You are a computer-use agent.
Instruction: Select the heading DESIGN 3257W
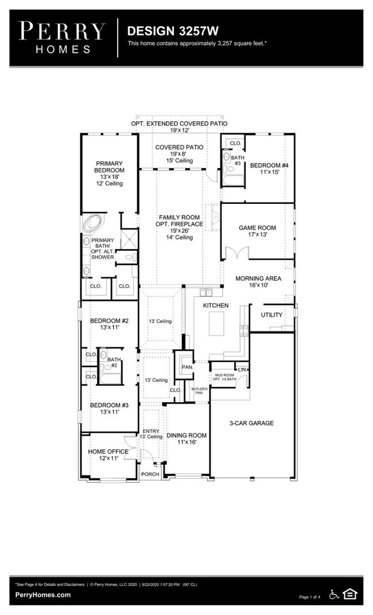coord(165,30)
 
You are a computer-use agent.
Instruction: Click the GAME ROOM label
coord(257,228)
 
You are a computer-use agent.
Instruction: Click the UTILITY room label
coord(271,315)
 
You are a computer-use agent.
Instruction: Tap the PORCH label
coord(150,474)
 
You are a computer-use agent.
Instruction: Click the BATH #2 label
coord(114,362)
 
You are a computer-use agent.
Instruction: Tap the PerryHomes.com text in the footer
coord(43,595)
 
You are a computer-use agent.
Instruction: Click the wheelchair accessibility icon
coord(333,594)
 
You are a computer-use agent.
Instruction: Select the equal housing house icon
coord(349,594)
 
